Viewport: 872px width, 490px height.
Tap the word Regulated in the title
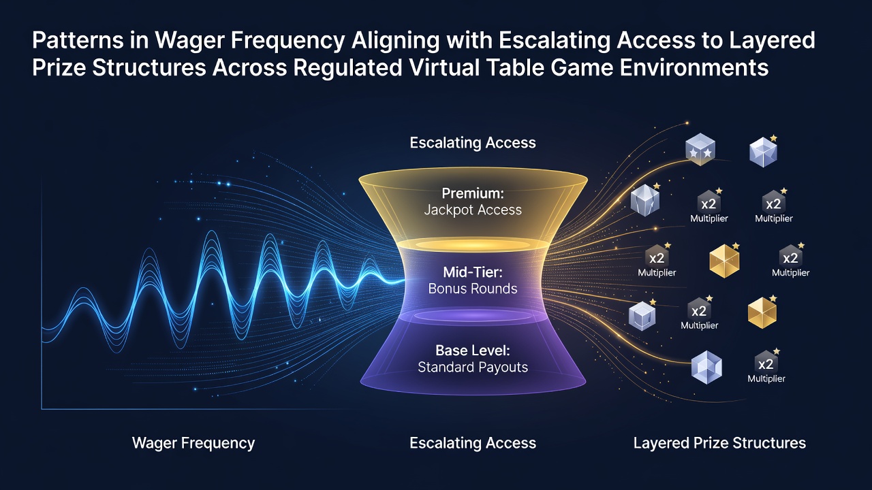347,67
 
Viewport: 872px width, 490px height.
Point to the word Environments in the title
694,67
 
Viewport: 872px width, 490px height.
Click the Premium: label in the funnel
473,193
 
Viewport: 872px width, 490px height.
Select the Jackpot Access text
473,210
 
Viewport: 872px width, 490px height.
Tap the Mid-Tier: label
473,272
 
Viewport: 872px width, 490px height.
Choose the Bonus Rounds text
473,289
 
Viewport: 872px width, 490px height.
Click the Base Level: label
473,350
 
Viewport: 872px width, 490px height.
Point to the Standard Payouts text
473,367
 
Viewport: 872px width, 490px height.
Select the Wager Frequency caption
193,443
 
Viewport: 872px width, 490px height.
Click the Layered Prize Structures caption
720,443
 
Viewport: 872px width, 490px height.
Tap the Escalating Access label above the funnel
473,143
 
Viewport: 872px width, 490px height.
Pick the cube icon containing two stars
700,149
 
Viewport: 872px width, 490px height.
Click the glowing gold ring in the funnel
473,244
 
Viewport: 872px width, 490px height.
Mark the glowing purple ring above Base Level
473,315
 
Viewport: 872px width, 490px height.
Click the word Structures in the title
149,67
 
